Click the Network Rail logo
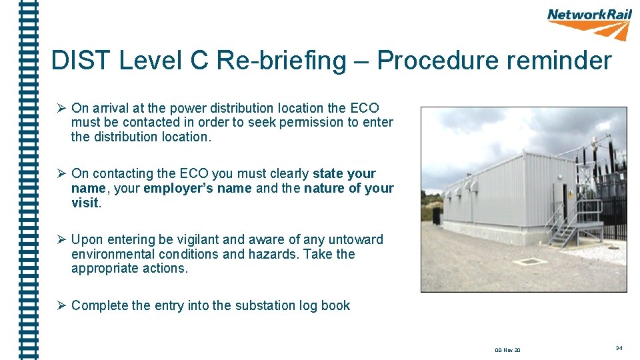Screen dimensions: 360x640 coord(589,23)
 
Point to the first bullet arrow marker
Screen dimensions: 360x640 coord(60,108)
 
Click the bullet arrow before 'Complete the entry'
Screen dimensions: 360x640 coord(60,306)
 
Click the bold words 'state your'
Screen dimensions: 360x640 coord(344,174)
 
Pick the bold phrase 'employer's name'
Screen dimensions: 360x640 coord(197,189)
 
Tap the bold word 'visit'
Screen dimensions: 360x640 coord(85,203)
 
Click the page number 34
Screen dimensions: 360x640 coord(619,348)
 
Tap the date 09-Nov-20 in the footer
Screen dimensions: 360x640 coord(508,350)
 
